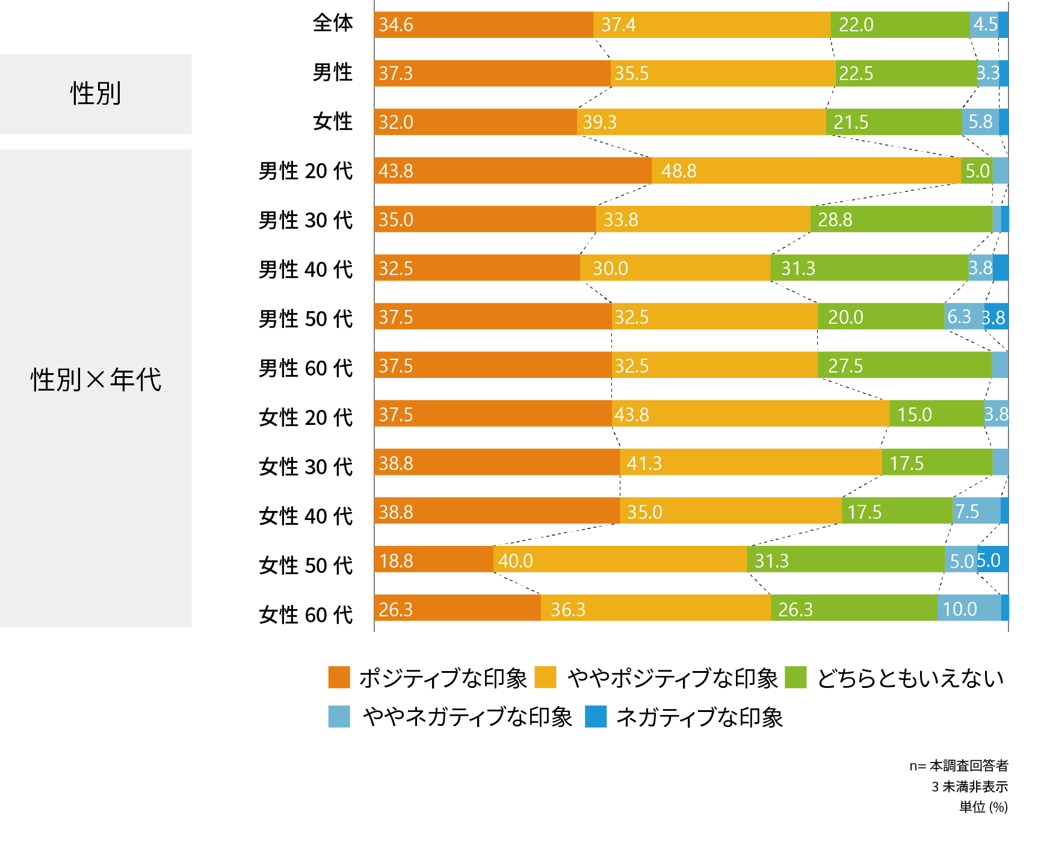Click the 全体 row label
333,23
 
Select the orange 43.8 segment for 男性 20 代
512,170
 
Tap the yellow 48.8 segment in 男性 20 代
806,170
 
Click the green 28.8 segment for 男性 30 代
901,219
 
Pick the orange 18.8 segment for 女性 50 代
433,560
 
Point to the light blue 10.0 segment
969,608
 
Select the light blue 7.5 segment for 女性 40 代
977,510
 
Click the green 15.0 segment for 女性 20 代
936,413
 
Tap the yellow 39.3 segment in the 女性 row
702,122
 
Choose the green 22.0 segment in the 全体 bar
900,25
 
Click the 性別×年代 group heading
96,380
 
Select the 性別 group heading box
96,94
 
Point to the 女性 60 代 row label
306,615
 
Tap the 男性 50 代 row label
306,318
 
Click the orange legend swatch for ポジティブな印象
339,677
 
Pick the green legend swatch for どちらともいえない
795,677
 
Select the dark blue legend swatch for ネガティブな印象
596,716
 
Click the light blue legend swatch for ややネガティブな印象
339,716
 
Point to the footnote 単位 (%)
983,807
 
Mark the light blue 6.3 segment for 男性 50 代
963,316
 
